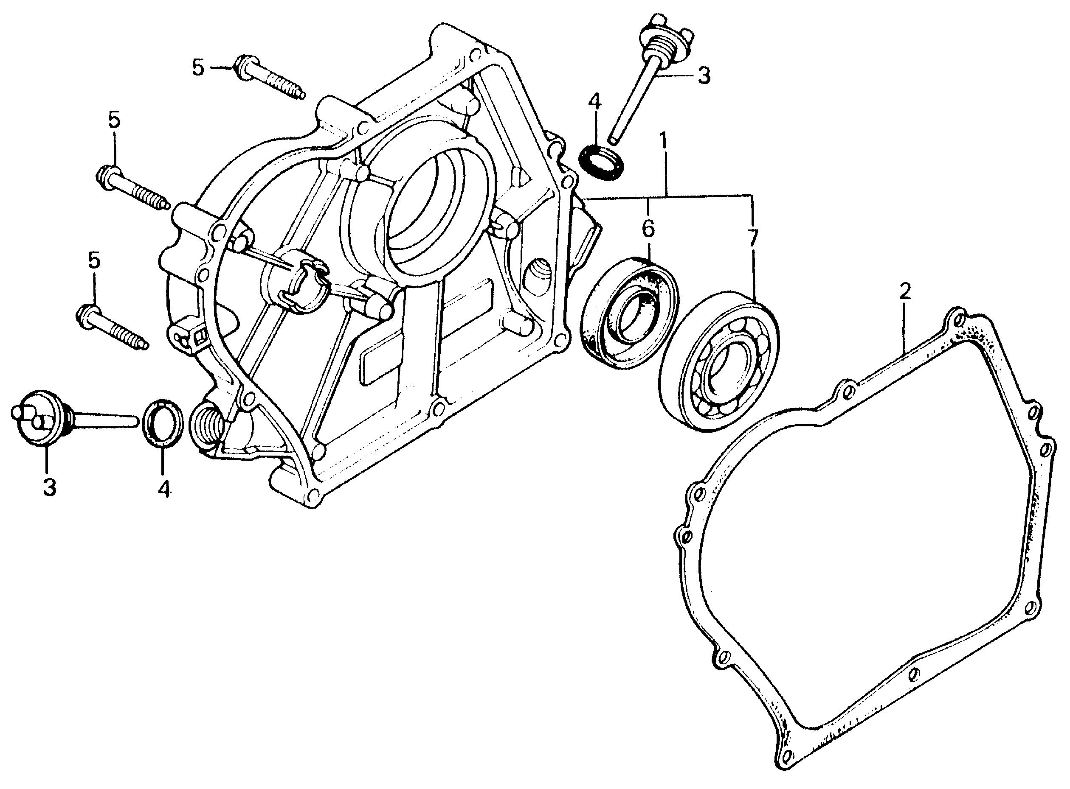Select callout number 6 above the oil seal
pyautogui.click(x=648, y=229)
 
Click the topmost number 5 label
pyautogui.click(x=198, y=67)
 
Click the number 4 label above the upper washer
pyautogui.click(x=594, y=102)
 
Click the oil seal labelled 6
pyautogui.click(x=630, y=314)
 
